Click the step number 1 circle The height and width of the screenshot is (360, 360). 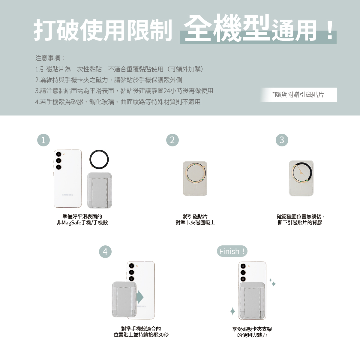click(x=43, y=140)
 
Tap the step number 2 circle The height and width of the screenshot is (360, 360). click(x=172, y=140)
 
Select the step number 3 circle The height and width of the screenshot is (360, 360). click(x=282, y=140)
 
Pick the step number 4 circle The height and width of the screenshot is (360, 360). click(x=105, y=251)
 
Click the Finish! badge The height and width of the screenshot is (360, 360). click(x=232, y=251)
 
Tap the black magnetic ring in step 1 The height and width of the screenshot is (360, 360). click(x=99, y=151)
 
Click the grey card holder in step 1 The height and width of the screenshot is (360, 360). click(x=100, y=190)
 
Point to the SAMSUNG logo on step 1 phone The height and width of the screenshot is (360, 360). click(x=67, y=195)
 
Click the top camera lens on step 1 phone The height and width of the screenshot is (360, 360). click(x=59, y=154)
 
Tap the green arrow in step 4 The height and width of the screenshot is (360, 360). click(x=140, y=297)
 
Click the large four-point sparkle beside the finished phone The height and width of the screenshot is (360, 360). click(x=232, y=311)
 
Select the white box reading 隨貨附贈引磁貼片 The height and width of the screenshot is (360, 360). click(x=298, y=95)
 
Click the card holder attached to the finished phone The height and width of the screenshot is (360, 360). click(x=252, y=301)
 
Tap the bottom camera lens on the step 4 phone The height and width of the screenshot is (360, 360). click(x=131, y=279)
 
